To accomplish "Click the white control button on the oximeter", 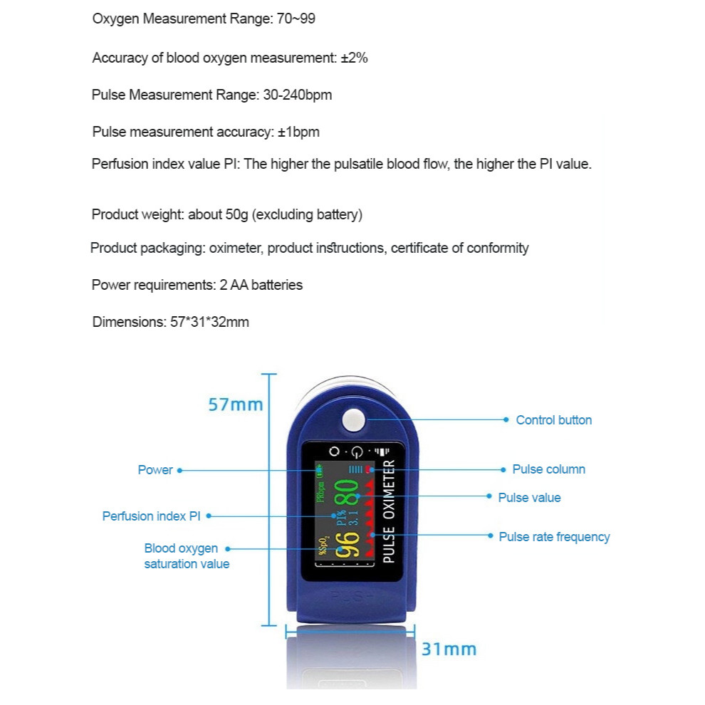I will (353, 419).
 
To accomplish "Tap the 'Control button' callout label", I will (553, 420).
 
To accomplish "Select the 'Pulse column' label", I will (548, 469).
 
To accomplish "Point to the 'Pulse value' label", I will (529, 498).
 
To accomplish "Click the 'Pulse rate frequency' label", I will (554, 537).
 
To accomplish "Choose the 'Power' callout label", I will (155, 470).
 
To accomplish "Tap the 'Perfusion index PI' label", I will (152, 516).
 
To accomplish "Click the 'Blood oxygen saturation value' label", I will (187, 556).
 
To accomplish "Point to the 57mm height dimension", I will (235, 404).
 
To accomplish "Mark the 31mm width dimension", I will (449, 649).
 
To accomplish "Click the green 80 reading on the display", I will (347, 493).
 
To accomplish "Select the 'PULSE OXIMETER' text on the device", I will (389, 512).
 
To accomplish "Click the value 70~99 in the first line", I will (296, 19).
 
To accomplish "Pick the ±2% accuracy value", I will (354, 58).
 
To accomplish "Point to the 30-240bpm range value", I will (297, 95).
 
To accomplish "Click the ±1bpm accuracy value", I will (298, 132).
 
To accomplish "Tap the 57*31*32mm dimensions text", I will (209, 322).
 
